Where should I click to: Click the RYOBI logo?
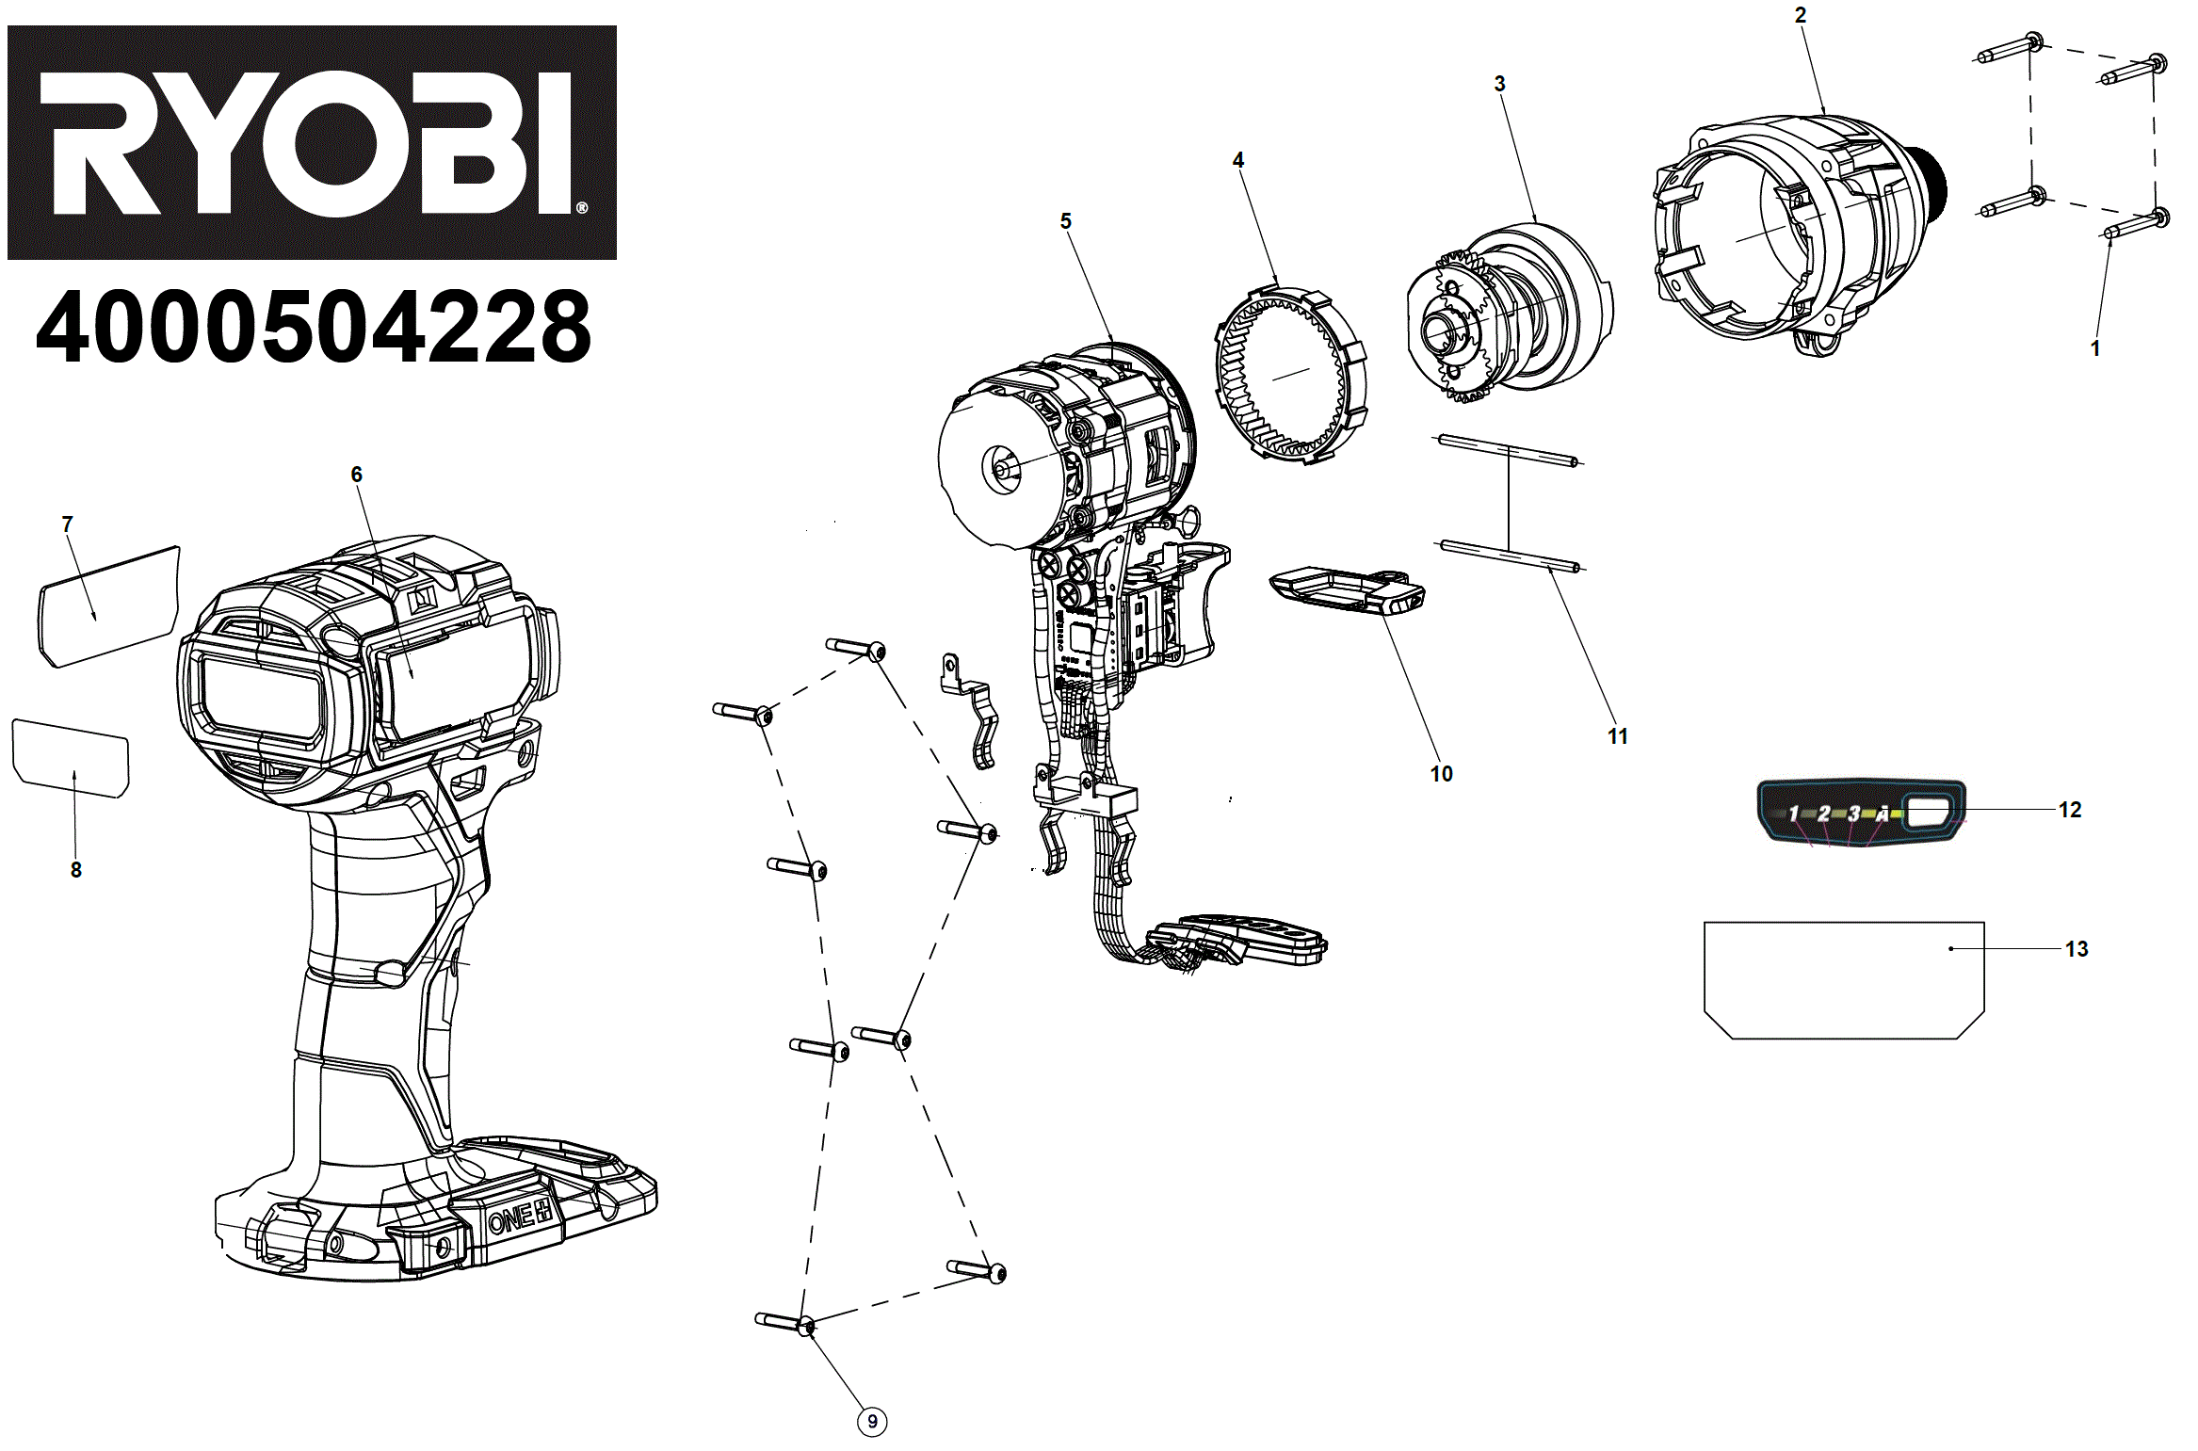pos(312,142)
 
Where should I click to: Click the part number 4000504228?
pos(314,327)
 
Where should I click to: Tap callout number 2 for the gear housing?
pos(1800,15)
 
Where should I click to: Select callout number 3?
pos(1500,84)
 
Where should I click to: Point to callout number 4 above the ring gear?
pos(1238,160)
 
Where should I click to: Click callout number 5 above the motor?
pos(1066,221)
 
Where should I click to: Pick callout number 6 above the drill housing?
pos(357,475)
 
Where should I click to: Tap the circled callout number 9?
pos(872,1422)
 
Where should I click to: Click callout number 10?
pos(1441,774)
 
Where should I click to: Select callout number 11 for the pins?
pos(1618,736)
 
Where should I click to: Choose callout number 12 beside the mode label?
pos(2070,810)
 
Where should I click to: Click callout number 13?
pos(2077,949)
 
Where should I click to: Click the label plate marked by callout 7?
pos(108,607)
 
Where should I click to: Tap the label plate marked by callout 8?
pos(71,759)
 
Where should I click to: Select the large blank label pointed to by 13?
pos(1844,979)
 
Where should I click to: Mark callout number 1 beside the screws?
pos(2095,348)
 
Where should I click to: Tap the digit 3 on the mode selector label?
pos(1853,814)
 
